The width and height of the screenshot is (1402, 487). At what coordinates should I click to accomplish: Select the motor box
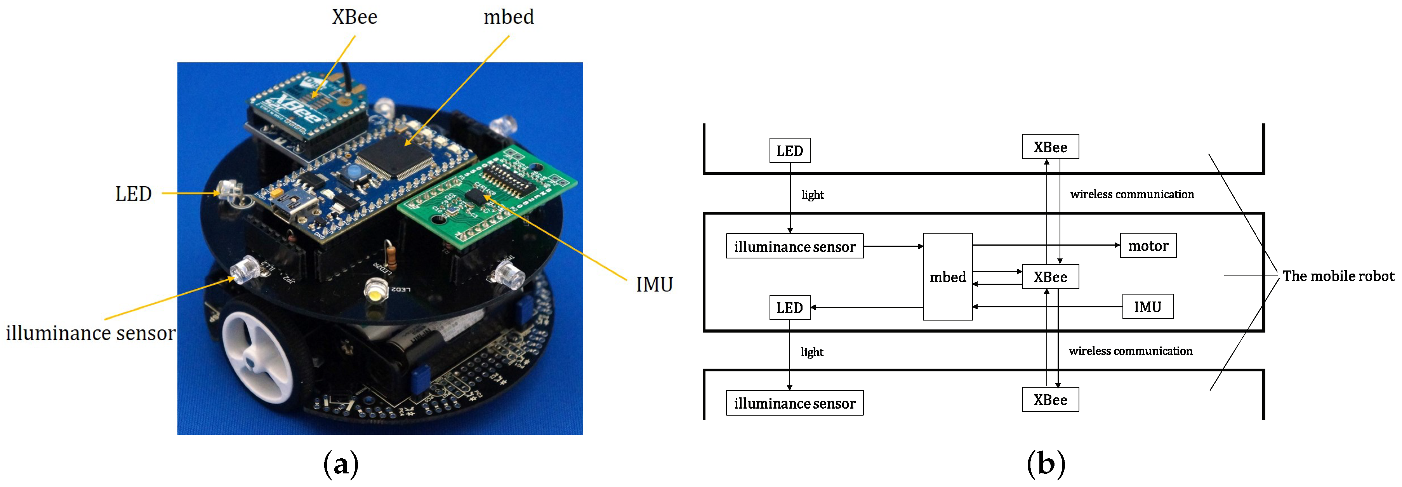click(1148, 246)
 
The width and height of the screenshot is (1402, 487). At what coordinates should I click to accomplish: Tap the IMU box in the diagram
click(1147, 307)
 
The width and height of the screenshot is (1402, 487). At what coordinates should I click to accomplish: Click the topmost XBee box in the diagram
click(1050, 147)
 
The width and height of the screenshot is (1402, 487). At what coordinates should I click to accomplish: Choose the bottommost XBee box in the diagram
click(1050, 400)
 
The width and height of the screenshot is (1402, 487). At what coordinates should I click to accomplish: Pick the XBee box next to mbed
click(1050, 277)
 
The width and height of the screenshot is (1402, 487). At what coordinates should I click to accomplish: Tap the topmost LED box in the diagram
click(789, 151)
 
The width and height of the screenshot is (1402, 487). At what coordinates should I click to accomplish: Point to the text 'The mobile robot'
click(1338, 276)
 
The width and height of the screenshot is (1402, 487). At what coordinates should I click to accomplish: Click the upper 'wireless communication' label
click(1131, 194)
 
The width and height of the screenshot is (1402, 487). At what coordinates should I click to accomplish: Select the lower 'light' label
click(811, 352)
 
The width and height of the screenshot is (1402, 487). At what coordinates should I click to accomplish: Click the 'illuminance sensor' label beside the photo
click(90, 333)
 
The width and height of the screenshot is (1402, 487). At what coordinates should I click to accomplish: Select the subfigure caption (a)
click(341, 464)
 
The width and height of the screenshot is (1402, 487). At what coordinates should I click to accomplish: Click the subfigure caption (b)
click(1046, 464)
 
